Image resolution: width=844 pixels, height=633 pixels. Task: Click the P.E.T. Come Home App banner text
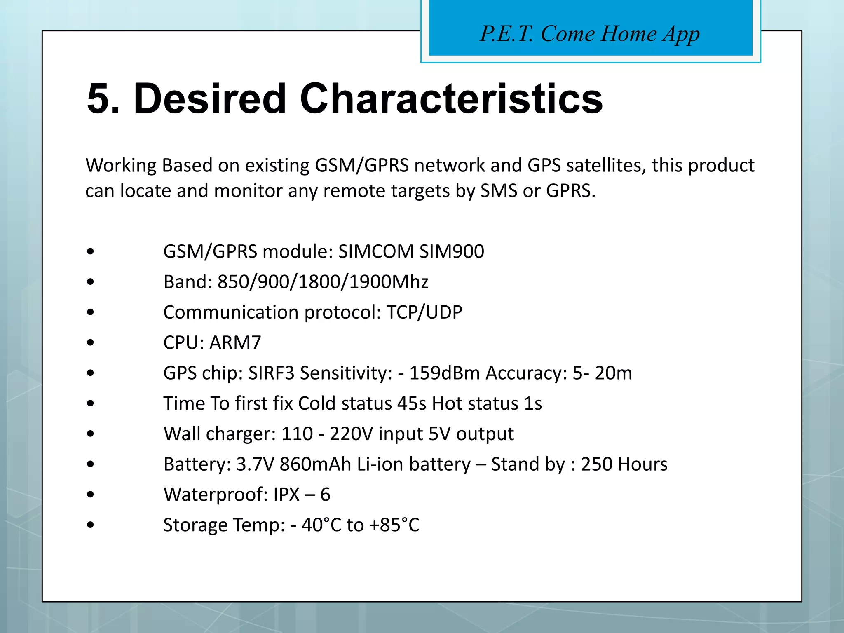[590, 34]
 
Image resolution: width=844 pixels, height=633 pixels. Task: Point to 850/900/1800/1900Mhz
[323, 282]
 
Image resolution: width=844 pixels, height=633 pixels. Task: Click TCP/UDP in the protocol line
[424, 312]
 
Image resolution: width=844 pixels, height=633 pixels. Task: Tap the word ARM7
[235, 343]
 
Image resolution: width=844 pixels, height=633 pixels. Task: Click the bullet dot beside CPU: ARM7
[91, 343]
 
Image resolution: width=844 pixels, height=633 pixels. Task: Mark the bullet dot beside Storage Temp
[91, 525]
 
